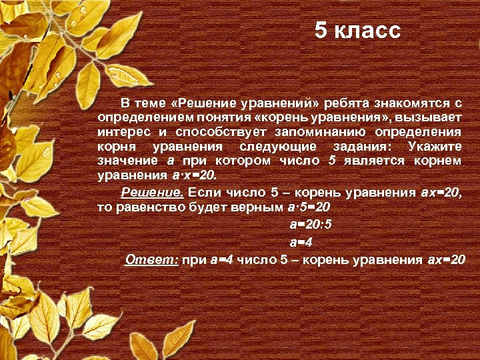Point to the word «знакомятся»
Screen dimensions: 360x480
click(x=413, y=103)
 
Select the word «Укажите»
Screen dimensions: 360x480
click(x=433, y=147)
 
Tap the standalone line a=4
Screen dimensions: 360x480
click(x=300, y=241)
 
